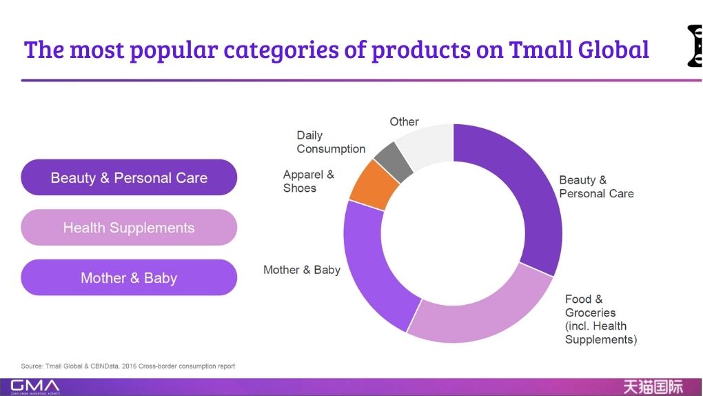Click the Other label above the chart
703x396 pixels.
click(404, 121)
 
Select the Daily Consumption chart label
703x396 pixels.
click(331, 142)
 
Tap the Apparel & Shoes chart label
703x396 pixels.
click(308, 181)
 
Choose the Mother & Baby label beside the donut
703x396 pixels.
click(302, 270)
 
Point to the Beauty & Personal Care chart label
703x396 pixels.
click(596, 187)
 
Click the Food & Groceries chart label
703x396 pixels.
click(600, 319)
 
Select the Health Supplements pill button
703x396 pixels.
click(129, 228)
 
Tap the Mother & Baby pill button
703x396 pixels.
click(129, 278)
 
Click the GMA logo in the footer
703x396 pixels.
click(34, 386)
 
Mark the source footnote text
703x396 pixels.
click(128, 366)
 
